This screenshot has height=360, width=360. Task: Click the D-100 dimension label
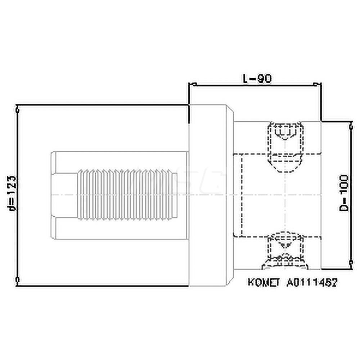pos(345,193)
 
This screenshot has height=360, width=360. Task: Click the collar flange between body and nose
pos(211,194)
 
